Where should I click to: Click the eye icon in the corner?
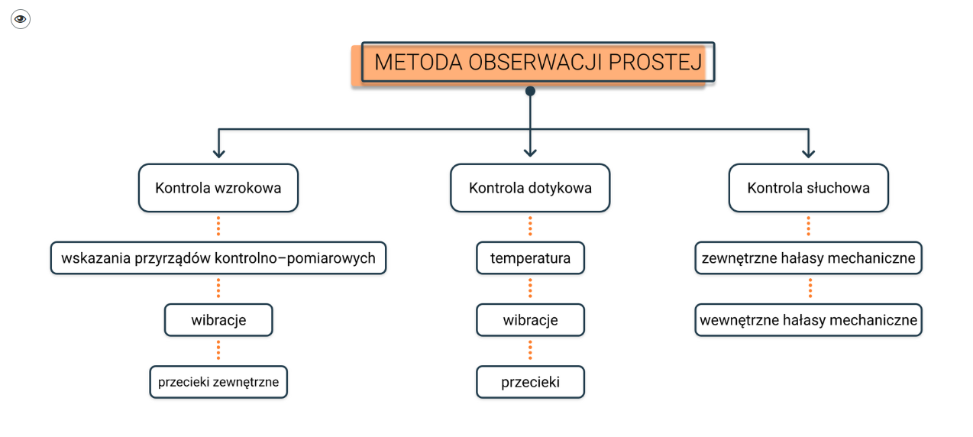21,19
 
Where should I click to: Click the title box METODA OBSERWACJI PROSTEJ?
538,63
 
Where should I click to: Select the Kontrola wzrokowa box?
218,188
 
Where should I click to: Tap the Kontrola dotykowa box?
530,188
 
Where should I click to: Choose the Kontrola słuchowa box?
808,188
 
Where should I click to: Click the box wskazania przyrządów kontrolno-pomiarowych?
218,258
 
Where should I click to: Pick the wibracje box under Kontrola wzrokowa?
218,320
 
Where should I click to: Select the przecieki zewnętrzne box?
218,382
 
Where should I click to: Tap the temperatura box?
530,258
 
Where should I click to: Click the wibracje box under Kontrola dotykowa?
530,320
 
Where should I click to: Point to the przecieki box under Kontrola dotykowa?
530,382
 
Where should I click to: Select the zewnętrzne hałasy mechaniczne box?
808,258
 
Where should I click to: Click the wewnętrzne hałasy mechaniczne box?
808,320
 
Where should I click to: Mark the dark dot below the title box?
530,91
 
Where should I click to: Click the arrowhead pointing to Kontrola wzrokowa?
218,153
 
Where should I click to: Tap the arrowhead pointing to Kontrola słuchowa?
808,153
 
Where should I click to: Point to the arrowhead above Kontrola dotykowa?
530,153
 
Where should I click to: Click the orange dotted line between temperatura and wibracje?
530,289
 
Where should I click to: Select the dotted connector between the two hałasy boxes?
810,289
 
